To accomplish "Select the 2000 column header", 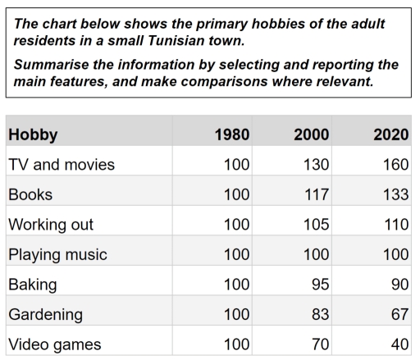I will point(311,134).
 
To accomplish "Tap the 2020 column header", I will point(390,134).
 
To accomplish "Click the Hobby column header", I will point(33,134).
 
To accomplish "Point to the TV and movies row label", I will point(62,165).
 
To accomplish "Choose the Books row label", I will point(30,194).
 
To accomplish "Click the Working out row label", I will point(51,225).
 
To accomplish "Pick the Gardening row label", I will point(46,314).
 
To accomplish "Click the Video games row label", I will point(55,344).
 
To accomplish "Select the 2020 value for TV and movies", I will point(395,165).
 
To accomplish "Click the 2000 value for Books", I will point(316,194).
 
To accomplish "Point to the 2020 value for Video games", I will point(399,344).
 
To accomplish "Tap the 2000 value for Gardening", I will point(320,314).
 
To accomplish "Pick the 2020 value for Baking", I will point(399,285).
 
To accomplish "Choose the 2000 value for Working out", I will point(315,225).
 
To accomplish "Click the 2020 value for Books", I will point(395,194).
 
